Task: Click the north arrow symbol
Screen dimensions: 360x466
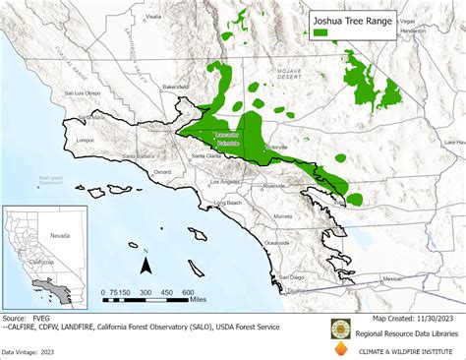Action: (146, 263)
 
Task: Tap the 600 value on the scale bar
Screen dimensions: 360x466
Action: (188, 293)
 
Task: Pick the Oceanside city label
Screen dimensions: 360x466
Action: (277, 243)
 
